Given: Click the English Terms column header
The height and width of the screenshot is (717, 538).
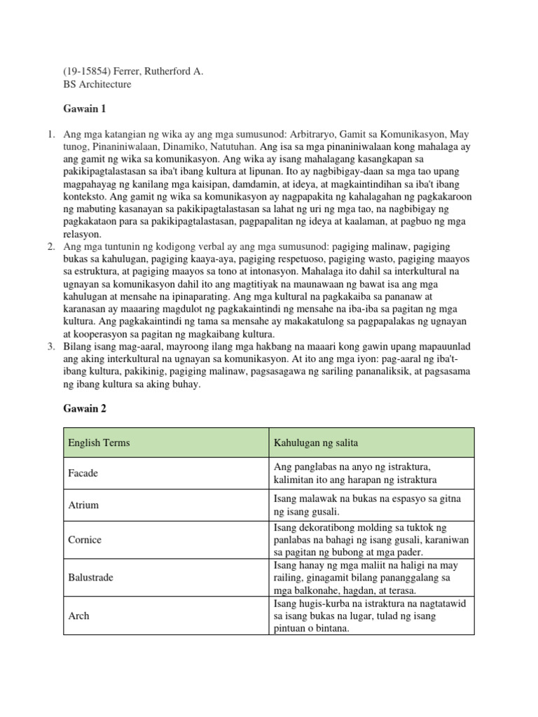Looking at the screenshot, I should coord(99,443).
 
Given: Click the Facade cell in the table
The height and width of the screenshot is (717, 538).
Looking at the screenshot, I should coord(83,473).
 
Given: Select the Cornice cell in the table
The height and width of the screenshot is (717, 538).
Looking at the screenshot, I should coord(85,540).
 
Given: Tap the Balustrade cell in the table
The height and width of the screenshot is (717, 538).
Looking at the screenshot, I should coord(91,578).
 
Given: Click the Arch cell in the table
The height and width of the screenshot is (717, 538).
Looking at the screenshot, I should coord(78,615).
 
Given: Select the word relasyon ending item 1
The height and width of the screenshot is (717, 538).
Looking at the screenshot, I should coord(83,235).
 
